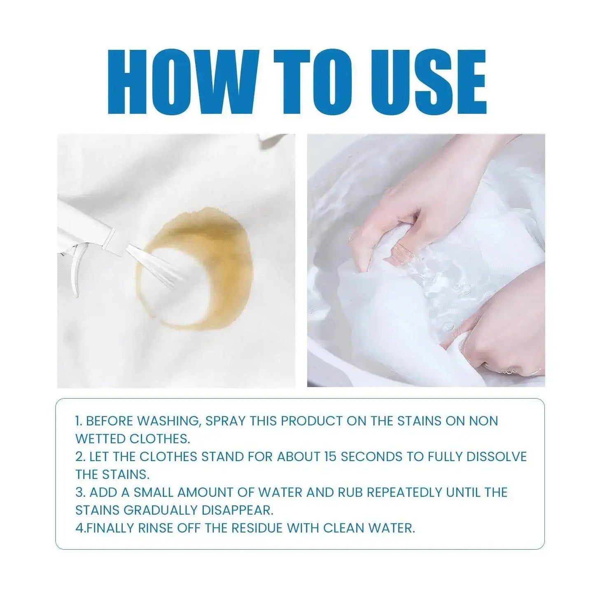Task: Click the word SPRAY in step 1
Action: (x=225, y=421)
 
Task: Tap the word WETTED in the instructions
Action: (x=101, y=439)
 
